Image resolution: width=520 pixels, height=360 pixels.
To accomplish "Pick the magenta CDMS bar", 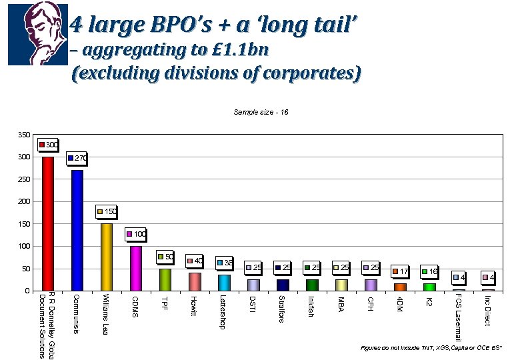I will click(x=135, y=268).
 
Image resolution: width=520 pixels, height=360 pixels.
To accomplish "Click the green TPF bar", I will click(x=165, y=279).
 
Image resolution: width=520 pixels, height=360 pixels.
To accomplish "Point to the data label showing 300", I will click(x=49, y=144).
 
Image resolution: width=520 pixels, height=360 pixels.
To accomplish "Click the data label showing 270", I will click(x=77, y=159).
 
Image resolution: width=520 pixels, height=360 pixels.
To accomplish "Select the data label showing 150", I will click(x=107, y=211).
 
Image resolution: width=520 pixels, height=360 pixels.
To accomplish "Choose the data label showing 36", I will click(x=225, y=263).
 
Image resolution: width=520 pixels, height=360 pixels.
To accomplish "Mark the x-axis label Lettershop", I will click(x=223, y=312).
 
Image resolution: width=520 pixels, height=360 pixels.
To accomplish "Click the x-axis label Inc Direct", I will click(x=487, y=311).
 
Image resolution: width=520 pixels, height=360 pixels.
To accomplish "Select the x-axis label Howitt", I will click(x=193, y=306).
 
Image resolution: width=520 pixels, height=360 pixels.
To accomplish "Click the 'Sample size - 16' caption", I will click(x=261, y=112).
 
